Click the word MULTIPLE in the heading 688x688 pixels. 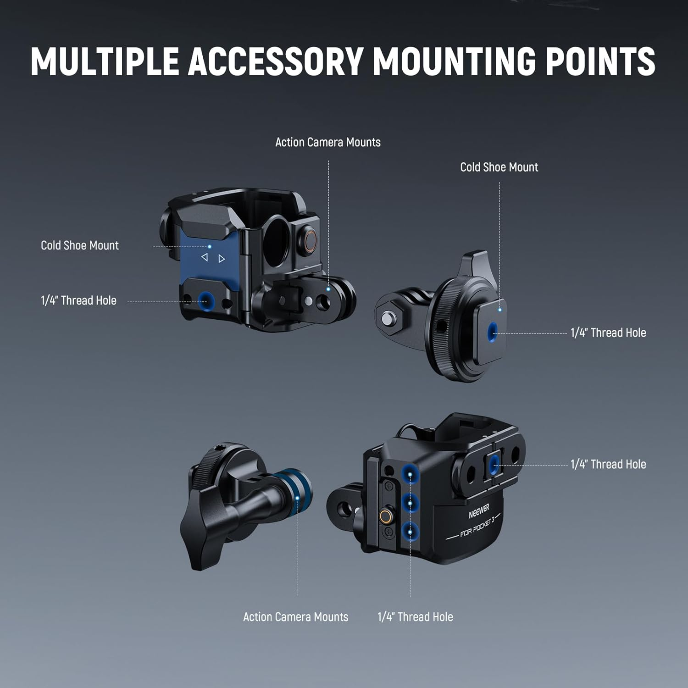105,61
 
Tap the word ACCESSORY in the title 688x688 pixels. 275,61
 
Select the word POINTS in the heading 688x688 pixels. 600,61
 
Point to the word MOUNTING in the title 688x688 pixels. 454,61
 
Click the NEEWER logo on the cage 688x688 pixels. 479,510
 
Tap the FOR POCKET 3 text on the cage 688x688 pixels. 477,527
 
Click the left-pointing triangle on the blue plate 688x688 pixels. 205,257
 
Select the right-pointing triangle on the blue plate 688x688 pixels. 222,259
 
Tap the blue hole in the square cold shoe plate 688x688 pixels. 492,331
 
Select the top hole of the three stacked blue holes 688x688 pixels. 410,473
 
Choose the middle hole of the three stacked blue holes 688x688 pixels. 410,503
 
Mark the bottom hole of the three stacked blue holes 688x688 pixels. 410,532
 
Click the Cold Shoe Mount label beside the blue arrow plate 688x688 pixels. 80,245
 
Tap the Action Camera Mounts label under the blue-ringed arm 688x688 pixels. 296,617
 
